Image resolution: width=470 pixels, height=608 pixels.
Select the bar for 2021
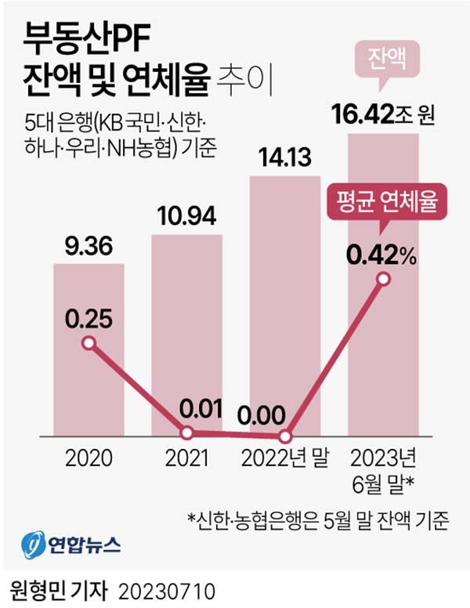186,329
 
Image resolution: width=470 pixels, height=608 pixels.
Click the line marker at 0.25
89,343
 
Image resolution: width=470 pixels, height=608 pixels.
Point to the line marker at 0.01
187,432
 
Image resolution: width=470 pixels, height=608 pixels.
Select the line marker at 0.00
285,436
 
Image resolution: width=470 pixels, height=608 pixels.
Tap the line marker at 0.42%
383,279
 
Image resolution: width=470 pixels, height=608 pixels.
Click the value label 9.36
89,248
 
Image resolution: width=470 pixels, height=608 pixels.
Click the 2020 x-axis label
89,458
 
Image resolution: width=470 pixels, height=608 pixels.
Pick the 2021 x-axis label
186,458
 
